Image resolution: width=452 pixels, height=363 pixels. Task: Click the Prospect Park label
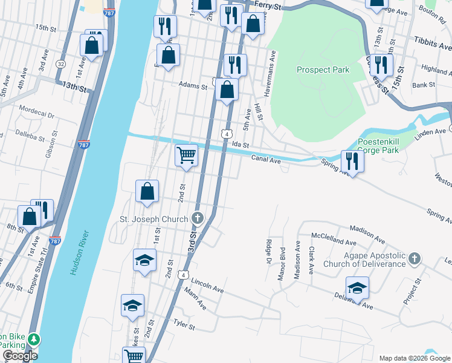[x=323, y=70]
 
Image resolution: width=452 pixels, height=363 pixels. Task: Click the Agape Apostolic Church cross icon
[x=413, y=259]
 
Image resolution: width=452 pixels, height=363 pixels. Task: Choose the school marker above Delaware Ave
[x=357, y=287]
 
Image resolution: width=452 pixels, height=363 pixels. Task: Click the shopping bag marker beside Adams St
[x=227, y=91]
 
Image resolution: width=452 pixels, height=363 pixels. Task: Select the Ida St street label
[x=241, y=145]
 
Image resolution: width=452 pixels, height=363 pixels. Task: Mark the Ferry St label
[x=268, y=5]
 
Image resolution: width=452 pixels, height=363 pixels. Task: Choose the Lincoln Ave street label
[x=207, y=286]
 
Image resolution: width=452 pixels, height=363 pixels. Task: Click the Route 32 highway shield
[x=60, y=64]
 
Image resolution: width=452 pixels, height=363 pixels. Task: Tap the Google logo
[x=20, y=356]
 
